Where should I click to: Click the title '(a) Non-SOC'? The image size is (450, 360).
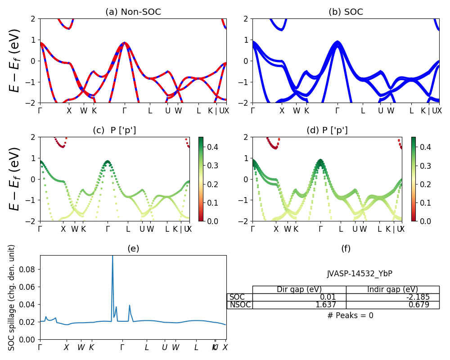133,12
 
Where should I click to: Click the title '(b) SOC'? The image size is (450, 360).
346,12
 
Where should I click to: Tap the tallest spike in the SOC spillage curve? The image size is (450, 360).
112,256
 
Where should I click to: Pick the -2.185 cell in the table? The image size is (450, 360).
392,297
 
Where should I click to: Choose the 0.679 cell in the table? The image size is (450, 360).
392,305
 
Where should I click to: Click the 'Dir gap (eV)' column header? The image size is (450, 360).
299,289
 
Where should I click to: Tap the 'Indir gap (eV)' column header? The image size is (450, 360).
392,289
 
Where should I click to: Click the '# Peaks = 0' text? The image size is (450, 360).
350,315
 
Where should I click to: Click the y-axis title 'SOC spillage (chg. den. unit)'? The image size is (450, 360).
12,297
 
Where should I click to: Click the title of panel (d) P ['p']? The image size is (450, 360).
327,130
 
